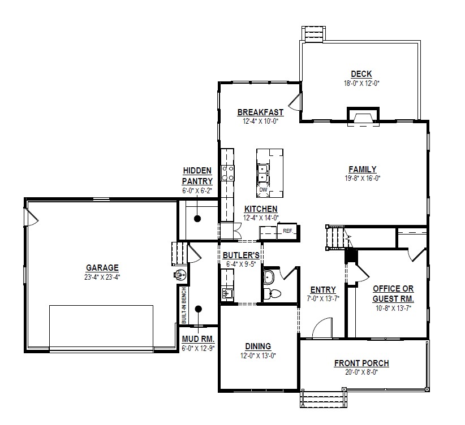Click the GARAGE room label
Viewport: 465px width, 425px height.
(x=102, y=268)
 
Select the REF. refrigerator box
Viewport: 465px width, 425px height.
(x=288, y=232)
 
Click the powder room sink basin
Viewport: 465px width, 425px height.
(x=269, y=276)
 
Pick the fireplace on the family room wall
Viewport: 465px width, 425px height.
(x=363, y=116)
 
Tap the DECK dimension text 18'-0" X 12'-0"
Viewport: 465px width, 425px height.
(x=361, y=83)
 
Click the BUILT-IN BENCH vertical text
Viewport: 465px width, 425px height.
(x=184, y=305)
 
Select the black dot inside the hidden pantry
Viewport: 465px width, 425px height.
(x=197, y=219)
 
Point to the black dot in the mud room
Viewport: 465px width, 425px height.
(x=199, y=309)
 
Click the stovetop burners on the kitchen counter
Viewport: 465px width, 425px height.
(x=228, y=174)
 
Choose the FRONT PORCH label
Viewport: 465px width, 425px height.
(x=361, y=363)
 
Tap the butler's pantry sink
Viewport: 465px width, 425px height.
(x=227, y=293)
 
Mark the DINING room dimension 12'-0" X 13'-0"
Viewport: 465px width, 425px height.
(x=258, y=355)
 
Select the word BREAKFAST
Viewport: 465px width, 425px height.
(x=260, y=112)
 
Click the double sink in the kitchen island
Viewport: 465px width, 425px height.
(x=263, y=173)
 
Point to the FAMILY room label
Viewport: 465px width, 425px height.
(x=363, y=169)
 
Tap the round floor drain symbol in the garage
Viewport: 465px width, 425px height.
(x=180, y=275)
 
